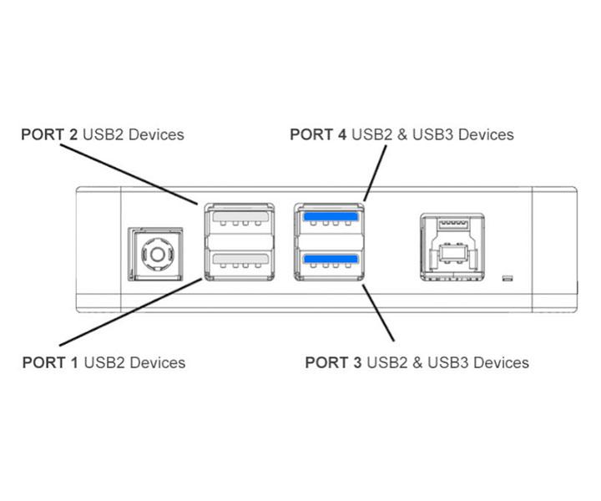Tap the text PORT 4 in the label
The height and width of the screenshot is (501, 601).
(318, 134)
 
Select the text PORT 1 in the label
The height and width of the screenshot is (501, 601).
(50, 362)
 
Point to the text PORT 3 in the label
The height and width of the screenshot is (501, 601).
(333, 362)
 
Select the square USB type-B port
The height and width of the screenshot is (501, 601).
(449, 248)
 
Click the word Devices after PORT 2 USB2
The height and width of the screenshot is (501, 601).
(157, 134)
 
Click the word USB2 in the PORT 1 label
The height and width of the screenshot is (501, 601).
(104, 362)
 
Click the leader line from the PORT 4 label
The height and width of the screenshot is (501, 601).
(376, 172)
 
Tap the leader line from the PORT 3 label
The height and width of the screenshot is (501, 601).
(380, 313)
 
